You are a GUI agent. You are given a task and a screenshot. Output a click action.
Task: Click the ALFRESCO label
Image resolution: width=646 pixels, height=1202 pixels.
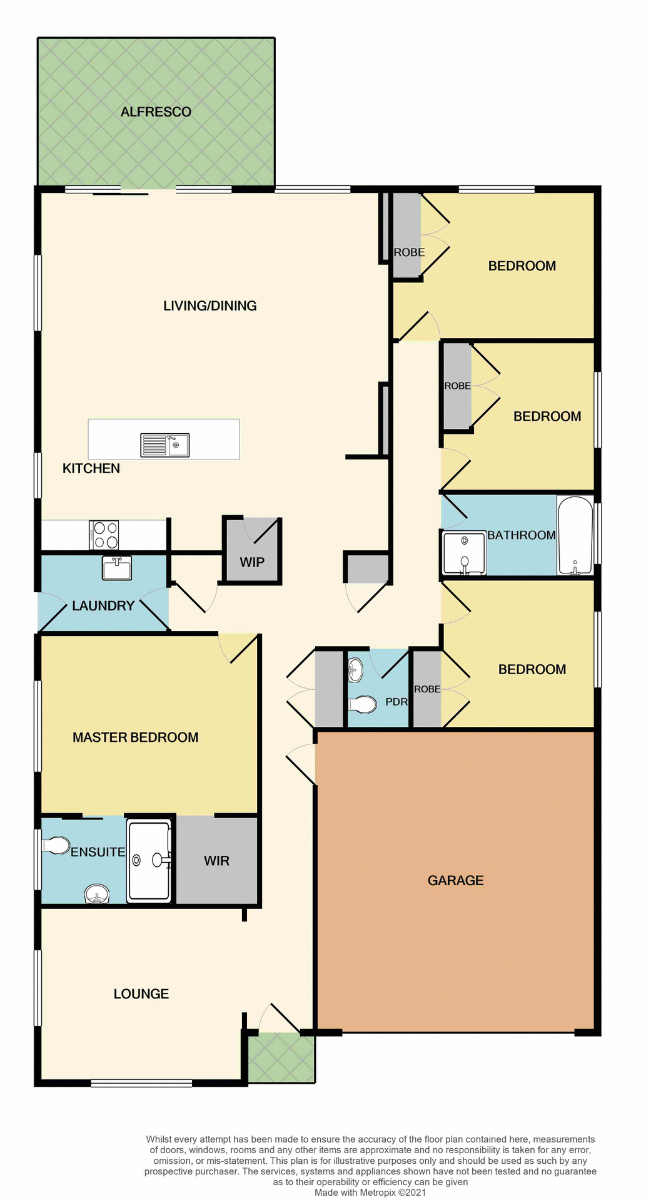pos(156,112)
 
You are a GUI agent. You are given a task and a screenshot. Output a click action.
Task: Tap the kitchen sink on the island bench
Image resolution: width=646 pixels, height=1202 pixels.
pos(165,445)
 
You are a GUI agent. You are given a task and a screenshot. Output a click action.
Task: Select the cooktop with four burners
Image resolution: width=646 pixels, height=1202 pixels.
pos(104,535)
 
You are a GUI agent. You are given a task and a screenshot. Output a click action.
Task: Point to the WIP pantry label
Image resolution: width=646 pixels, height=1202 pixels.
pos(252,562)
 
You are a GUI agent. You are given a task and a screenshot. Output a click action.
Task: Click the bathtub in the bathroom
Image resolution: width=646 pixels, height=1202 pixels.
pos(575,535)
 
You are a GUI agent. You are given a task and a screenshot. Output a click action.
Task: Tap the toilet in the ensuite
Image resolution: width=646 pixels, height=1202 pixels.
pos(56,846)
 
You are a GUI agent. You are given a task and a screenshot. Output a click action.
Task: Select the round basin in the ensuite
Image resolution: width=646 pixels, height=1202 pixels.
pos(96,894)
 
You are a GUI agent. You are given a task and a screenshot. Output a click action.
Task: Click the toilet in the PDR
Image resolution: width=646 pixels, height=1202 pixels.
pos(363,705)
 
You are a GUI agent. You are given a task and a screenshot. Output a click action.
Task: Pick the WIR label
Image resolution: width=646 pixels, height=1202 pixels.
pos(216,861)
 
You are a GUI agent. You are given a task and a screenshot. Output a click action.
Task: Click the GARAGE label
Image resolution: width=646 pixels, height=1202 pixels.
pos(455,881)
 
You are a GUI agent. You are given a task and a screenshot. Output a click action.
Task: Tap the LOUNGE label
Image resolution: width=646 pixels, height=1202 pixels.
pos(141,994)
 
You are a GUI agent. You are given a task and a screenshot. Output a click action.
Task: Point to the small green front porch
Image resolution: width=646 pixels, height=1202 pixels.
pos(281,1057)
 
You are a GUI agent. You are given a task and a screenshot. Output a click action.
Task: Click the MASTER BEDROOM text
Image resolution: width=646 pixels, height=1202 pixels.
pos(135,737)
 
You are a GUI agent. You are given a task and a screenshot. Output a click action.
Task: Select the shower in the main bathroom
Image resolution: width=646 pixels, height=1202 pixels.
pos(464,553)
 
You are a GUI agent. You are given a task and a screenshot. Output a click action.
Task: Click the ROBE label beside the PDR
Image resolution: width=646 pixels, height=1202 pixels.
pos(427,689)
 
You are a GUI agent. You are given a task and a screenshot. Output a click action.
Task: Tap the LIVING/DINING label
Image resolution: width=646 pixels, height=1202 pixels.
pos(209,306)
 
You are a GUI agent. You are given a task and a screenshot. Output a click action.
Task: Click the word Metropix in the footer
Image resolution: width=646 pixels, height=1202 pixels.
pos(379,1193)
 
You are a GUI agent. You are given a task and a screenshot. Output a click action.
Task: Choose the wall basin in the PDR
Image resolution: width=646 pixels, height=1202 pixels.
pos(355,670)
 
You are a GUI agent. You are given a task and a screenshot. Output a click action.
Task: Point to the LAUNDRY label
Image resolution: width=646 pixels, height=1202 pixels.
pos(103,606)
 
